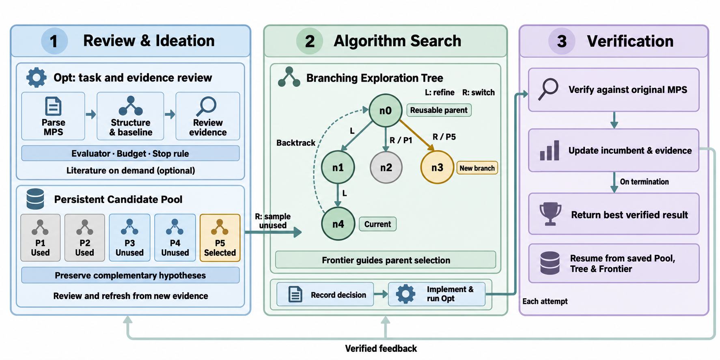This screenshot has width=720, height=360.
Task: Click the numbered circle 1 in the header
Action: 54,41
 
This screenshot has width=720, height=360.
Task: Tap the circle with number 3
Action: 561,41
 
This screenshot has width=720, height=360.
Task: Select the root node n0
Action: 385,110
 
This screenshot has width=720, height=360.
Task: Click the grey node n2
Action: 386,167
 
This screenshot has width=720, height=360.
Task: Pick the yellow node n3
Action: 437,167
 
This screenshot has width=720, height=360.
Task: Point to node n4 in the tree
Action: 338,224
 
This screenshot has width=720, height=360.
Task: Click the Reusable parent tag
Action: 439,110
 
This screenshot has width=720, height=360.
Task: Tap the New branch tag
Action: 477,168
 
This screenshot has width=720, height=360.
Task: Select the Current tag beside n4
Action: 377,224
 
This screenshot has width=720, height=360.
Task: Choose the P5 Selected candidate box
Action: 220,238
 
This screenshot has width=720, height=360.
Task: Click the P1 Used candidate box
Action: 41,238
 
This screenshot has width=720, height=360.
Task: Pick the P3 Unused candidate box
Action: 130,238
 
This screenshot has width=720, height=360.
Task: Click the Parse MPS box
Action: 53,116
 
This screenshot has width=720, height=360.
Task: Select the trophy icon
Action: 550,214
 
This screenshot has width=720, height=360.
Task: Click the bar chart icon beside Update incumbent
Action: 550,151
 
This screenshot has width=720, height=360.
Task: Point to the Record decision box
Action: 325,294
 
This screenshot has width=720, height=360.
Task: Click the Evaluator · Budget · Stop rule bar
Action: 130,153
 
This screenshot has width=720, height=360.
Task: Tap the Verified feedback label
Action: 381,349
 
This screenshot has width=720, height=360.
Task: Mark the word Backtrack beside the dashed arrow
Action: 296,143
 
